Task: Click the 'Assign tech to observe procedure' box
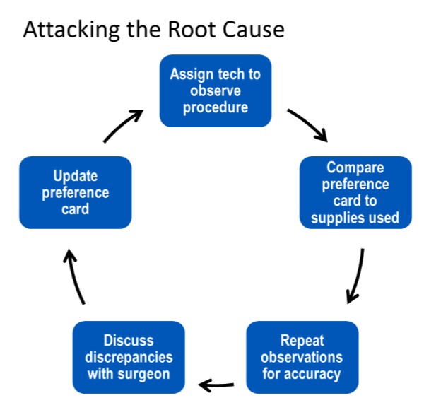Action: point(216,91)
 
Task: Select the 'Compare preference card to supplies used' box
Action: point(355,193)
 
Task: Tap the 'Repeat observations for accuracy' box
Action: point(302,357)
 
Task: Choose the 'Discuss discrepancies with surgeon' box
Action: point(129,357)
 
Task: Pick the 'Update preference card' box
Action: point(75,193)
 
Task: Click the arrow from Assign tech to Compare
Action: point(308,124)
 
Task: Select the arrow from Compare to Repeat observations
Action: point(358,276)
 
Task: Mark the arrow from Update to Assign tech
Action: point(124,125)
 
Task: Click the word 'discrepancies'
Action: point(129,357)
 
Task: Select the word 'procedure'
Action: point(216,108)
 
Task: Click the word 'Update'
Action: point(75,176)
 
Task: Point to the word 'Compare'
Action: point(355,168)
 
